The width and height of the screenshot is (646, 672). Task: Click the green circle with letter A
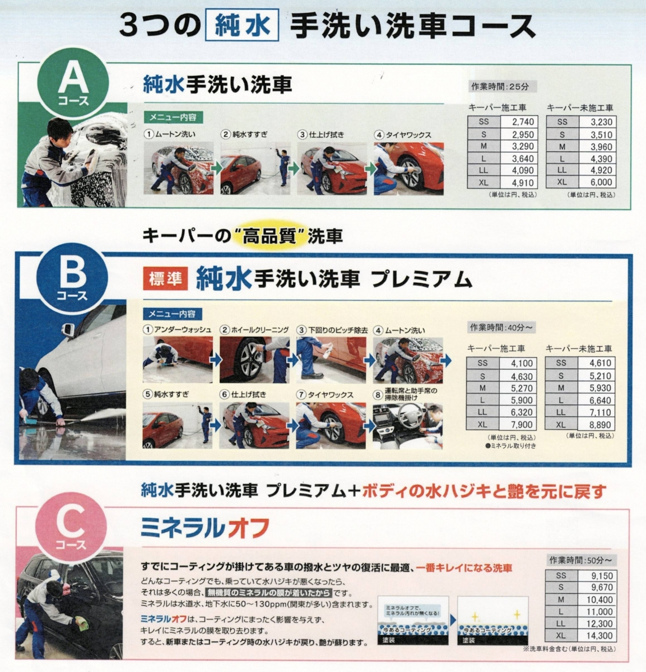point(73,84)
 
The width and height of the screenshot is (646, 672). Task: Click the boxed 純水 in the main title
point(242,27)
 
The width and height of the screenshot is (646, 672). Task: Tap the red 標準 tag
point(165,278)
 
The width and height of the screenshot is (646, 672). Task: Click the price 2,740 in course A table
point(523,122)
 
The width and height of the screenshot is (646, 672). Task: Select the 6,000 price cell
point(601,183)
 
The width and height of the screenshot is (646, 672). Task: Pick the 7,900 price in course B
point(522,424)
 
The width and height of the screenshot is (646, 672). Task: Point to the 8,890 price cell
point(601,424)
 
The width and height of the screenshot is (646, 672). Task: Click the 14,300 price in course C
point(599,636)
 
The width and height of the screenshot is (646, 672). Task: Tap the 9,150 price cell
point(602,576)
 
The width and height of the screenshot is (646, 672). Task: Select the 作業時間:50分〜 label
point(581,560)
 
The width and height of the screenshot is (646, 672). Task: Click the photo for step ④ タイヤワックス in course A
point(408,169)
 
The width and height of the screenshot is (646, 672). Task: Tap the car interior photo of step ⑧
point(408,426)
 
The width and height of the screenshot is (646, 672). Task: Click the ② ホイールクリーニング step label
point(254,330)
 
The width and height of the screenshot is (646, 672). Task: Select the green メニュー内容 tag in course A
point(173,118)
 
